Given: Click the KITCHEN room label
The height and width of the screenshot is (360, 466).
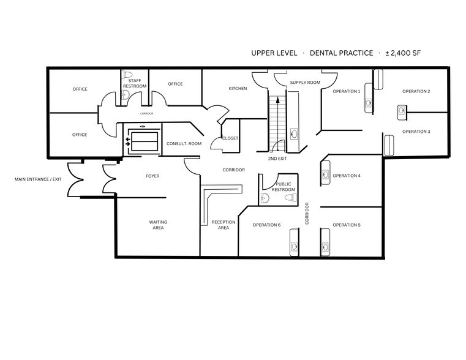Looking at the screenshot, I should [238, 89].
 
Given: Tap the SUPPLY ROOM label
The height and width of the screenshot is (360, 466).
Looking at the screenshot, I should [305, 83].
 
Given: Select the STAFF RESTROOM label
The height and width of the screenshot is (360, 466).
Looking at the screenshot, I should [135, 83].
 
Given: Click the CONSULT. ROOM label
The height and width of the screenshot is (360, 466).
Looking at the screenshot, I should [184, 144].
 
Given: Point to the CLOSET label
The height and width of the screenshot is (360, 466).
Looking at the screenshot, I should [230, 138].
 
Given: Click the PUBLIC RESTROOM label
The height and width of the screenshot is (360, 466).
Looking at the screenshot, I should [284, 187].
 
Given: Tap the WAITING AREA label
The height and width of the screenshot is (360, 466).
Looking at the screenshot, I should [158, 225].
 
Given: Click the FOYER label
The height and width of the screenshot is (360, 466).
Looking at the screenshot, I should [152, 176].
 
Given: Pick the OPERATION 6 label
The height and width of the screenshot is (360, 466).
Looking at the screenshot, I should [266, 225].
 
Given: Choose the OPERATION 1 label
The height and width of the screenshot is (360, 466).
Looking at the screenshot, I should [346, 91].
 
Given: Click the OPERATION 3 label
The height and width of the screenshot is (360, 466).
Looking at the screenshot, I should [416, 132].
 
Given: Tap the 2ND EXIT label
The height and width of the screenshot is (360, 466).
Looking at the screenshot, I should [277, 159].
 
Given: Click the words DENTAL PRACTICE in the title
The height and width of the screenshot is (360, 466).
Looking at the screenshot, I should [341, 53].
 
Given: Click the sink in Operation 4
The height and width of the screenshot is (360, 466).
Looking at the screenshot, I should [325, 176].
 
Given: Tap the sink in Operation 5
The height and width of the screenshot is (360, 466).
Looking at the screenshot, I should [325, 247].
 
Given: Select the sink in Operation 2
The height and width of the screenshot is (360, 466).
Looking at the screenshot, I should [400, 111].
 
